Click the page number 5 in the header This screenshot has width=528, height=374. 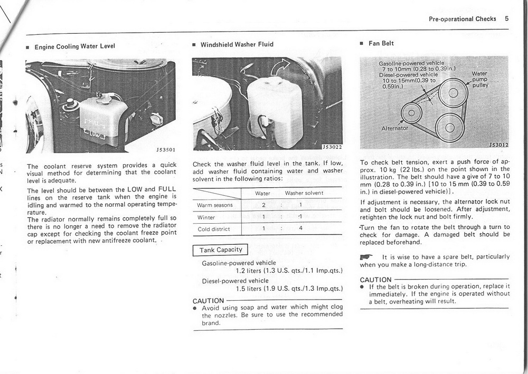pos(506,18)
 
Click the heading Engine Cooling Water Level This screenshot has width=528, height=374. pos(74,46)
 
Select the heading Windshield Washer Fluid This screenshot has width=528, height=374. pos(237,44)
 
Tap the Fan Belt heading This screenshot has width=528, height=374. pos(381,43)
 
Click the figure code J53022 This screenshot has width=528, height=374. pos(332,147)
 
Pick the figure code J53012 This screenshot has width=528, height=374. pos(497,145)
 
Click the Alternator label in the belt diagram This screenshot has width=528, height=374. pos(394,128)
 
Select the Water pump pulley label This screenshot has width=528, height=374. pos(480,79)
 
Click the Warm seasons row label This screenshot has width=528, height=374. pos(215,205)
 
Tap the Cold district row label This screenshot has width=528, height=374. pos(214,229)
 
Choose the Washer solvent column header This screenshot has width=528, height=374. pos(304,193)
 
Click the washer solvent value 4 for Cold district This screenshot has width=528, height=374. pos(300,229)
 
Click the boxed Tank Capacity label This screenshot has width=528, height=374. pos(221,250)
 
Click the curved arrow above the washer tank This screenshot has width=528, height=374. pos(281,68)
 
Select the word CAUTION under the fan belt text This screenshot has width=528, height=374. pos(375,280)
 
